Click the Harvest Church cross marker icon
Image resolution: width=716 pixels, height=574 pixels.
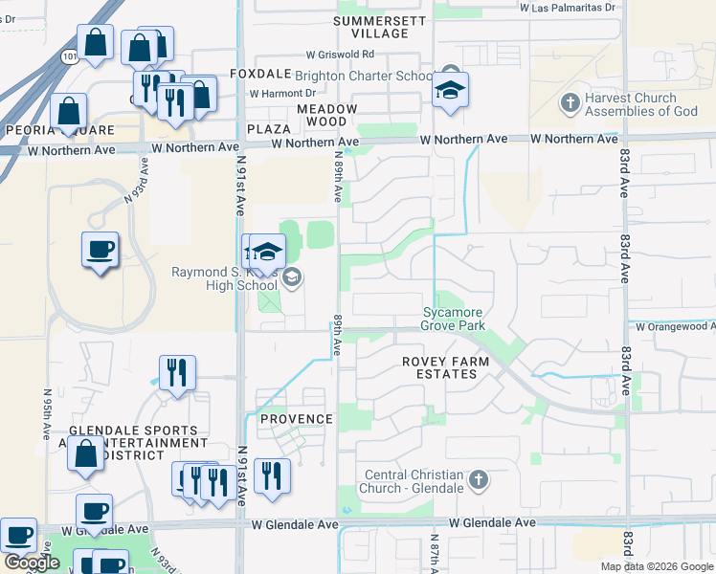570,102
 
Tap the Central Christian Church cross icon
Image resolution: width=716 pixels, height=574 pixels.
479,477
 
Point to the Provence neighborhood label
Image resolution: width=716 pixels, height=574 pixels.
297,419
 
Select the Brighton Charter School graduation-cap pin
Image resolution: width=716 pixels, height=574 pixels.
449,89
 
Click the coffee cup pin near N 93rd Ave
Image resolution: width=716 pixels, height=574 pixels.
100,249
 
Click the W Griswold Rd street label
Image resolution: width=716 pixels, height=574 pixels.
340,55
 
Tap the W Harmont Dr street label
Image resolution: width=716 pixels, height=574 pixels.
282,93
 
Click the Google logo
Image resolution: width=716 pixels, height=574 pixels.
31,563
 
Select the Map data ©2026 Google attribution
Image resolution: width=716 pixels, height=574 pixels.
656,566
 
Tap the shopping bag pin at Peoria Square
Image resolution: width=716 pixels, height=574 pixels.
69,111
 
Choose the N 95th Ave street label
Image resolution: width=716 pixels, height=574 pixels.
47,413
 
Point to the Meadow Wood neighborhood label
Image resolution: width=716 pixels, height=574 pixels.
326,115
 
